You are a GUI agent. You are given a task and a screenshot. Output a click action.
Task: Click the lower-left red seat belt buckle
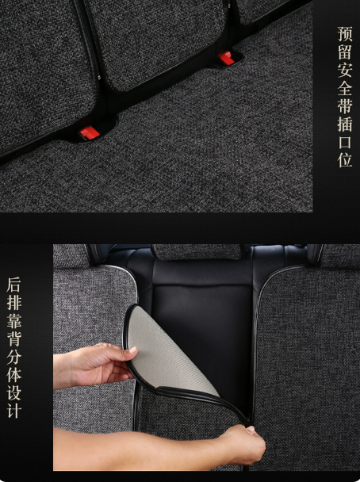90,132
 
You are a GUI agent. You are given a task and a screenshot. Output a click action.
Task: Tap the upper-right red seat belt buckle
227,58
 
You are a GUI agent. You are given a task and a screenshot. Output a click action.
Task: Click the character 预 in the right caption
345,34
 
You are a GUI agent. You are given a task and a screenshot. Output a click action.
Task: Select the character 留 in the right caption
345,52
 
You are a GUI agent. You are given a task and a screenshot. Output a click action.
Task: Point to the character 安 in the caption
345,70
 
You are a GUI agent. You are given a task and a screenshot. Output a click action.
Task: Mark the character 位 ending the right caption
345,160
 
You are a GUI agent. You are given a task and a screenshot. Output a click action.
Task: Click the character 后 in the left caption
14,285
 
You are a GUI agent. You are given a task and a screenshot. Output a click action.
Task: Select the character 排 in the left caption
14,303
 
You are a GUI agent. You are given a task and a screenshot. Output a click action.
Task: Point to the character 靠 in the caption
14,321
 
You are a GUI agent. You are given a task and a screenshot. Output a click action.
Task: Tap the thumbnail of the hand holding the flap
132,350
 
